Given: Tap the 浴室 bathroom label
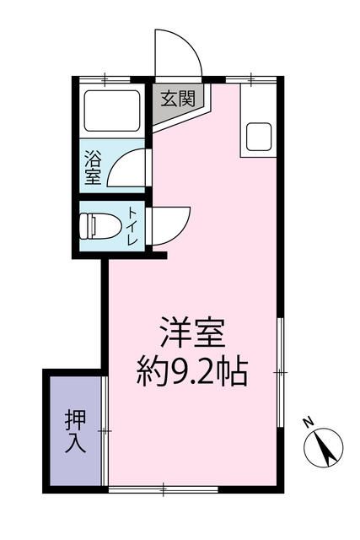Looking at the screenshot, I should pos(93,167).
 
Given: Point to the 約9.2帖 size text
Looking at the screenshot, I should pos(194,371).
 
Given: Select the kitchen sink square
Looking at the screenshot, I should pos(258,134).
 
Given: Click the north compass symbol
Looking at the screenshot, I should pos(325,445).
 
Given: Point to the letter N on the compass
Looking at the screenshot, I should pos(309,422).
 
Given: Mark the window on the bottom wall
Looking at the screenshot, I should pos(164,488).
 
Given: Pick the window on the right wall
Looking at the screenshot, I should pos(279,371).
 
